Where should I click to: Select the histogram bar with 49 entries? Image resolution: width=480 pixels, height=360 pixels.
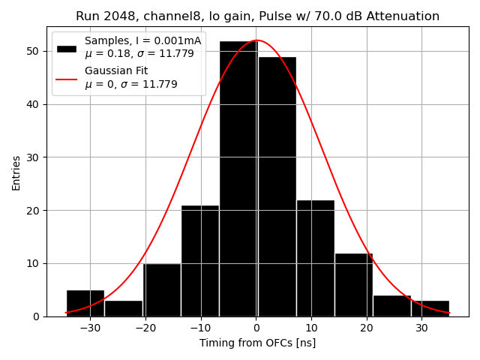point(277,187)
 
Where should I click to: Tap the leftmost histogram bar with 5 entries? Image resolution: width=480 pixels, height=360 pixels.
point(85,303)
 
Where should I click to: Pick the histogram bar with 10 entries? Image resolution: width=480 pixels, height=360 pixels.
point(162,289)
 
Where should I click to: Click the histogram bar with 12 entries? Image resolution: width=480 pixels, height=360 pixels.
point(353,284)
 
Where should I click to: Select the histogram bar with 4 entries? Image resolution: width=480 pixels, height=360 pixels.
point(391,305)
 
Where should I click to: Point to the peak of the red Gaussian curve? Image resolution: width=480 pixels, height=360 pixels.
point(256,40)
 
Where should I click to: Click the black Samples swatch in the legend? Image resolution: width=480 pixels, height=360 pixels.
point(67,48)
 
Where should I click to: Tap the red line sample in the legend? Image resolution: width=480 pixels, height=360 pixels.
point(67,78)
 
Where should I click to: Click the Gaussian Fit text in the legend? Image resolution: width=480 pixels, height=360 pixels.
point(116,71)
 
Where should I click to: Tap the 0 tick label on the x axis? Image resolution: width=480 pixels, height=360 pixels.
point(256,328)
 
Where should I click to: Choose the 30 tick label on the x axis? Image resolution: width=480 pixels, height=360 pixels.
point(421,328)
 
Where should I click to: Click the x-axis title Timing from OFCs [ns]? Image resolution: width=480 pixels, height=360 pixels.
point(257,343)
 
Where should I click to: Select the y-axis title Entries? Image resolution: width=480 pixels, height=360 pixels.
point(16,173)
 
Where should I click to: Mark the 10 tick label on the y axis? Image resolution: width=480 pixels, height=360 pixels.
point(36,263)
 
